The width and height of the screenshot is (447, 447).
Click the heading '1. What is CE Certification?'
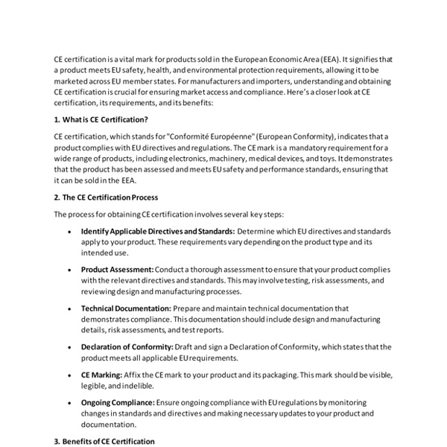coord(101,119)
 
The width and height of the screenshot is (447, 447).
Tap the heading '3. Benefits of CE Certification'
coord(104,441)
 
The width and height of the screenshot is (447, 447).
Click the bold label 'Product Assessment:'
coord(117,269)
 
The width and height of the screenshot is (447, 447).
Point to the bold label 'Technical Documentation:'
coord(126,308)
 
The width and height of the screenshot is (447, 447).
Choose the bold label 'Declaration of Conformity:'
coord(127,346)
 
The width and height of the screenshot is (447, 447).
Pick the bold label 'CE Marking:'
coord(101,374)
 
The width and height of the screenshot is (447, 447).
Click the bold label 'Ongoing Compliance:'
coord(118,402)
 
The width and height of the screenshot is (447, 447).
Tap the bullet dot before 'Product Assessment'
coord(69,269)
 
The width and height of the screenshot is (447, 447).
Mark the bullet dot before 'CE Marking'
coord(69,374)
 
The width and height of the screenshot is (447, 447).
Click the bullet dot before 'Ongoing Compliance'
coord(69,402)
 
